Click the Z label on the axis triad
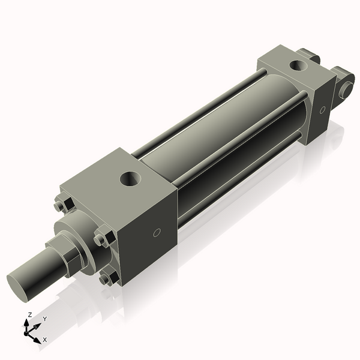[x=30, y=314]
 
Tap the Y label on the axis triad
[x=44, y=319]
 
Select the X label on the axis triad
[x=44, y=340]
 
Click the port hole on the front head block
[x=128, y=178]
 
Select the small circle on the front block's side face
[x=157, y=232]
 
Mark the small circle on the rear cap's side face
[x=322, y=110]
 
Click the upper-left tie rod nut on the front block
[x=59, y=206]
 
